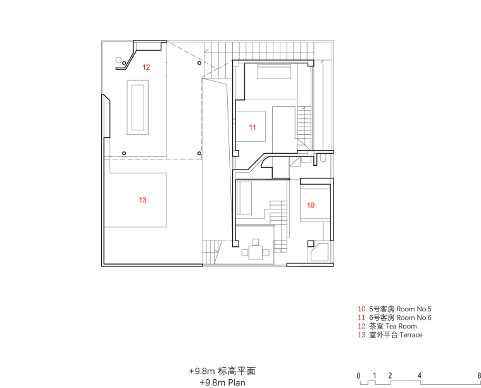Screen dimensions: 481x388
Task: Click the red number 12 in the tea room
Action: (146, 67)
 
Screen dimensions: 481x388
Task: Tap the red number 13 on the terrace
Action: (142, 200)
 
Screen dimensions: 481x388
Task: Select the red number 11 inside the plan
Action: (253, 127)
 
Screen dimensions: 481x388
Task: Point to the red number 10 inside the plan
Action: (311, 205)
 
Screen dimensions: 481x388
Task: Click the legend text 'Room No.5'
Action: (414, 309)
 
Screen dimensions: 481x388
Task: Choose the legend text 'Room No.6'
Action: (414, 318)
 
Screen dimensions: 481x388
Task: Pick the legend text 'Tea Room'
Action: (401, 326)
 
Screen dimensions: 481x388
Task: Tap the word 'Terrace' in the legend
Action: (411, 335)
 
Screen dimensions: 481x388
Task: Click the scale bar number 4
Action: (420, 375)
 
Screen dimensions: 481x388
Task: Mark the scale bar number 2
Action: (390, 375)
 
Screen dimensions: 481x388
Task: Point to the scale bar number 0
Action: (359, 375)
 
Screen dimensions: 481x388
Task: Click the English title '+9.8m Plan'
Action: (222, 382)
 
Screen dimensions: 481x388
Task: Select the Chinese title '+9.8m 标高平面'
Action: (222, 371)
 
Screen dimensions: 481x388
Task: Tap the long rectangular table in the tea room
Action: (138, 108)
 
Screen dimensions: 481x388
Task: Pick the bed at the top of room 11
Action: (273, 71)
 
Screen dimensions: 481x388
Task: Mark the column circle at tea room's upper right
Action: (199, 63)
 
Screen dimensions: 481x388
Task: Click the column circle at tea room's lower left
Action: (124, 153)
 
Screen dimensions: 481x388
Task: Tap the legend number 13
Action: (361, 335)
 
